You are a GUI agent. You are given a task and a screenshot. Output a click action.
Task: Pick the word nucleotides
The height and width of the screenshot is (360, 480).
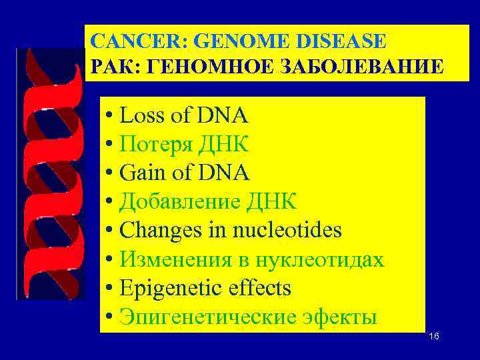point(287,231)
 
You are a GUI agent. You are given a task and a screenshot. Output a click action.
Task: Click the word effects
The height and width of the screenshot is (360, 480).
point(259,288)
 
